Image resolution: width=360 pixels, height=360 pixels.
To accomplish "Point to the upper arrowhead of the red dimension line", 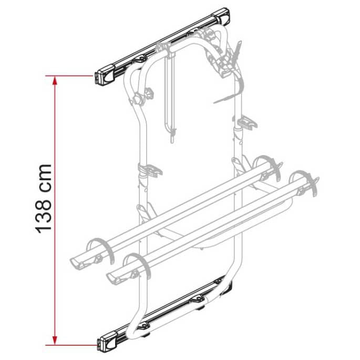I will pyautogui.click(x=55, y=79).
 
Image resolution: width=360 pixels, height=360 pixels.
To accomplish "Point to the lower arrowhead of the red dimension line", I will pyautogui.click(x=55, y=341).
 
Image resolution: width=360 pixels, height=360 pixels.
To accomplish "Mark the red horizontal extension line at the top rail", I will pyautogui.click(x=74, y=76).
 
